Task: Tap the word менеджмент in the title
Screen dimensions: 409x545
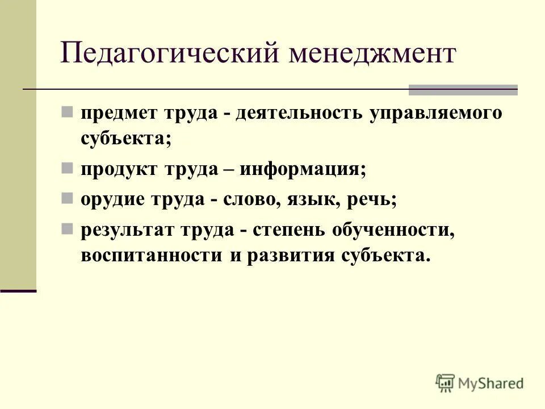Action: click(x=372, y=55)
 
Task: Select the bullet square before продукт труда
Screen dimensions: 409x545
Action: click(x=66, y=168)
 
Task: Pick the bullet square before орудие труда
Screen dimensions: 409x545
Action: click(x=66, y=199)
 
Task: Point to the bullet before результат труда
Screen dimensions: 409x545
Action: click(x=66, y=229)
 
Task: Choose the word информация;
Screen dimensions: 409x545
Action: click(x=303, y=169)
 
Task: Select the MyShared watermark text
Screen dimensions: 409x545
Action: click(x=491, y=383)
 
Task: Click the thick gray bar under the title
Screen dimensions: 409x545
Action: click(x=463, y=89)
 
